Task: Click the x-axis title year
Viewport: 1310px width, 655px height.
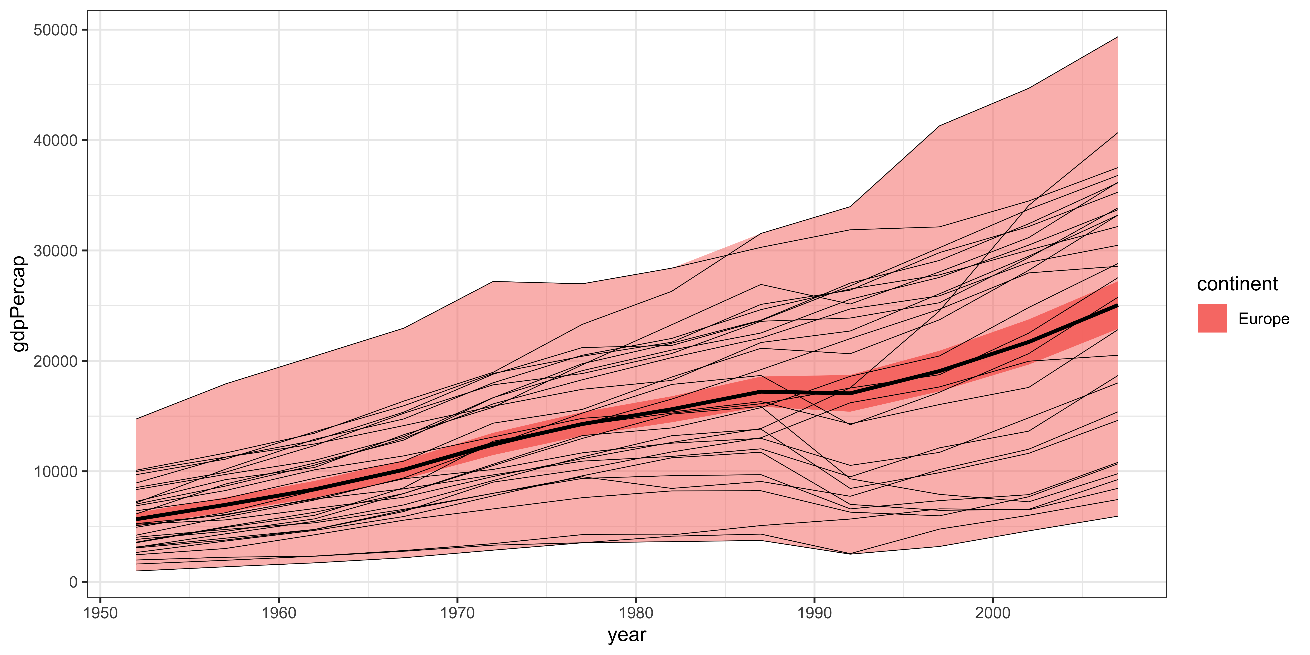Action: [627, 635]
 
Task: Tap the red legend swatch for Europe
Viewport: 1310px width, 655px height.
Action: [1212, 318]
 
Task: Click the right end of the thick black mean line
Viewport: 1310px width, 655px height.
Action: [1117, 306]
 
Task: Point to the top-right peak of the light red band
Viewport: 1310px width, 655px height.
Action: [1117, 37]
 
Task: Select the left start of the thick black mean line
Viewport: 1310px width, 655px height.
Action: [136, 519]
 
